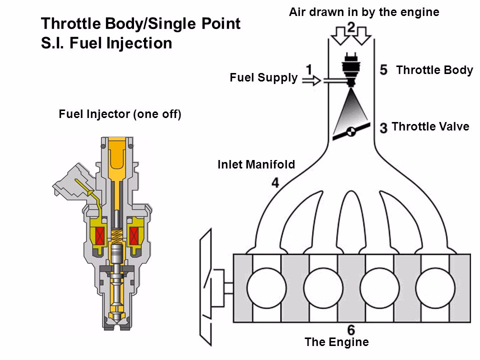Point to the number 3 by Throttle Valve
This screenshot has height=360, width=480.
[383, 127]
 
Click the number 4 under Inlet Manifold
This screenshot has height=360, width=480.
[275, 183]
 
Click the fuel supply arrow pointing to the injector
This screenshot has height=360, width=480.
[312, 80]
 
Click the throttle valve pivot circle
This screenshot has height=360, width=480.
[351, 131]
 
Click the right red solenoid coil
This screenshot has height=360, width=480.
[136, 234]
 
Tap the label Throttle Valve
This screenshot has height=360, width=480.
[430, 127]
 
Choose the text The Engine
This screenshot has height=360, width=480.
[336, 342]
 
